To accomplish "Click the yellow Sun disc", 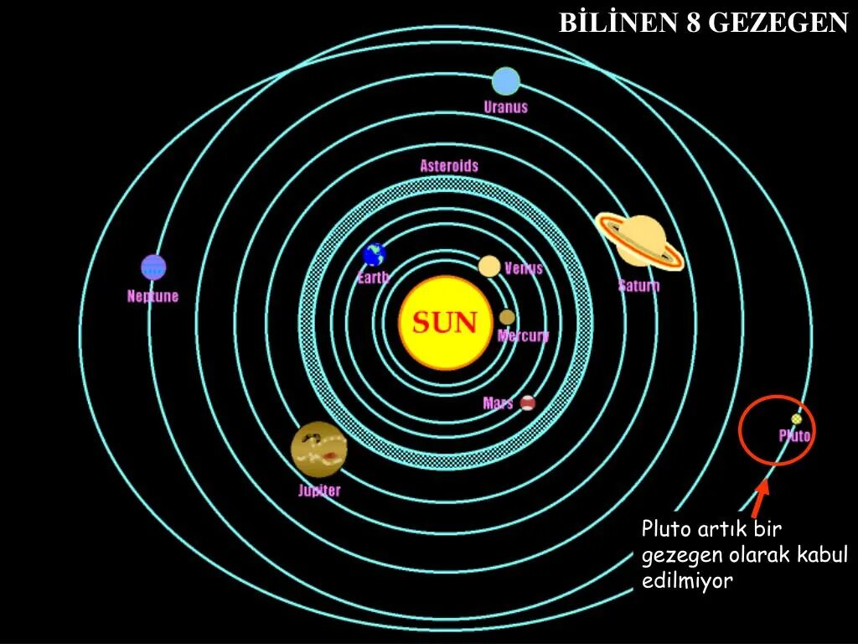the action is [x=444, y=323].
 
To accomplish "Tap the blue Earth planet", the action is [x=374, y=254].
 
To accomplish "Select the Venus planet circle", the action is [x=489, y=266].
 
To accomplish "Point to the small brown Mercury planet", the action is [x=507, y=317].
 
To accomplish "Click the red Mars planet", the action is [x=527, y=402].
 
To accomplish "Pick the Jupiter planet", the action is [x=319, y=449].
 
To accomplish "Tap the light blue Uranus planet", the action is [x=505, y=81].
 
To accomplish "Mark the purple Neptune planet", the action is [x=153, y=267].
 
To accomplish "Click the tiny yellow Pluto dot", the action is [x=796, y=419].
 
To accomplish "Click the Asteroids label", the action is [x=449, y=165].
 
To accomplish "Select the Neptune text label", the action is [x=152, y=296].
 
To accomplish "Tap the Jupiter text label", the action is [x=319, y=491].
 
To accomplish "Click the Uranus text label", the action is [x=505, y=106].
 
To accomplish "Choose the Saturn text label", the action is [x=638, y=285].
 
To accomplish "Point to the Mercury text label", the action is [x=524, y=335].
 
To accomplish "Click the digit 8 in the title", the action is [x=693, y=23].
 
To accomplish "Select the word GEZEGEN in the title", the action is [x=778, y=23].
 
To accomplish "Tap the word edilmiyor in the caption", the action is [x=687, y=580].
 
